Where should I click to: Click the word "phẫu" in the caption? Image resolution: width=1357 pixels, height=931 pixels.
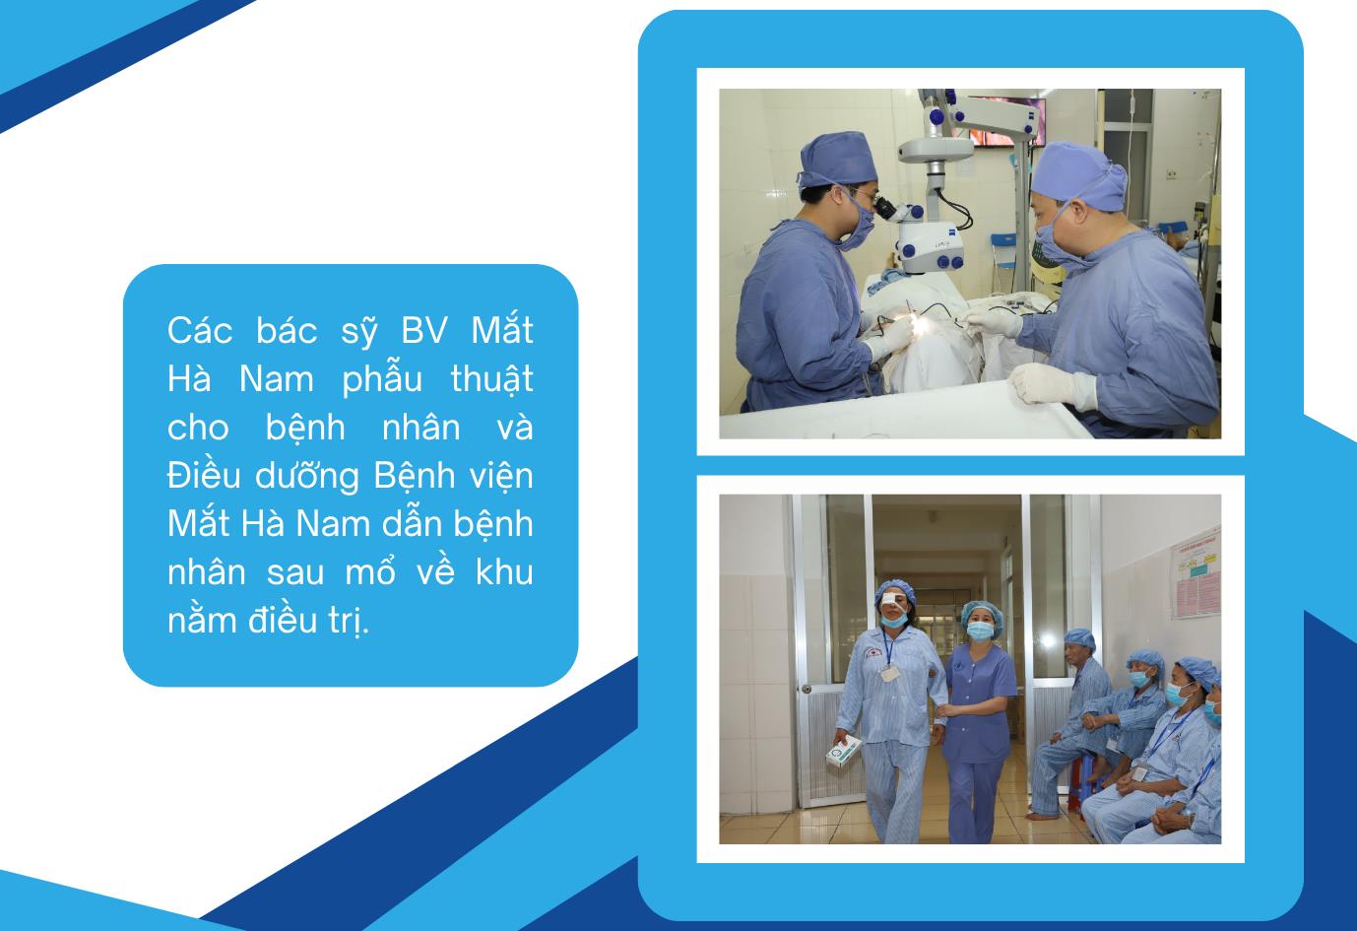382,380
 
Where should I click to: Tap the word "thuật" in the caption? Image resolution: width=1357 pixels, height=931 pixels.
492,379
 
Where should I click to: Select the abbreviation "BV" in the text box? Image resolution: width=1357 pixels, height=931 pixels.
424,330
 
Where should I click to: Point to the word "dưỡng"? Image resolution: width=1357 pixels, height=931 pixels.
307,478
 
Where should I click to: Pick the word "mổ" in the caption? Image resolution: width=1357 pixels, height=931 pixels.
370,572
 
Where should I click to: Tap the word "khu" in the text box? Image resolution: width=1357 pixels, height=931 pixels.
504,571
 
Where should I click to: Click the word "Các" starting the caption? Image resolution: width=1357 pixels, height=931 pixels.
200,330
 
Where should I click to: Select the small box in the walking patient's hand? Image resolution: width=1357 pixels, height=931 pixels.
844,752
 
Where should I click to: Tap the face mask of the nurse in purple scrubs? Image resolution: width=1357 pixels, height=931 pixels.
980,632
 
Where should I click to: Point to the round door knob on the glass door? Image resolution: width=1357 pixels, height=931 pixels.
807,689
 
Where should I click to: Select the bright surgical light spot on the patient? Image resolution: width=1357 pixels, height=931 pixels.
920,325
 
